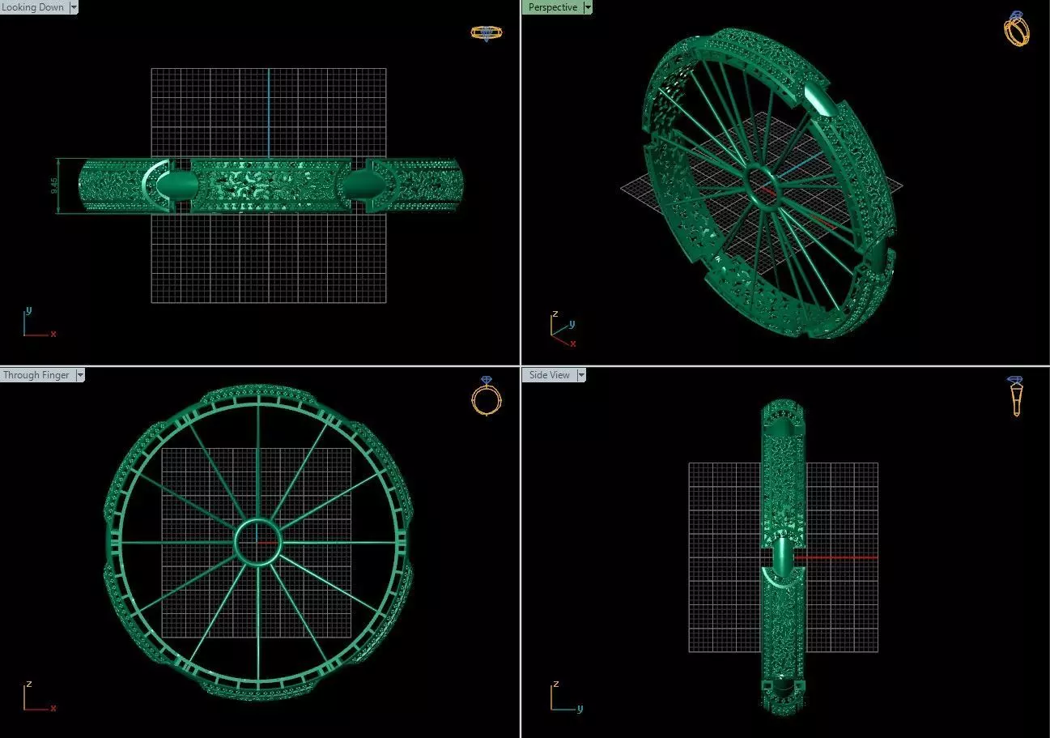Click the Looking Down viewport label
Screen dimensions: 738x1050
33,7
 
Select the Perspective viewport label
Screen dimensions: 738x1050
553,7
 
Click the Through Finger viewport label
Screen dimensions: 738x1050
36,375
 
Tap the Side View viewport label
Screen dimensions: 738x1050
550,375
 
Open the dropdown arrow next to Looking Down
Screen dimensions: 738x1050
74,7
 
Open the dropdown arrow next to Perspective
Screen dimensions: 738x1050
588,7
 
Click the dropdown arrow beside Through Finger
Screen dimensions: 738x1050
79,375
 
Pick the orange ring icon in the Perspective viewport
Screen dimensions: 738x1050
1016,28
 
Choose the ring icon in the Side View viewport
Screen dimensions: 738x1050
1015,396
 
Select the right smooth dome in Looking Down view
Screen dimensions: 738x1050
357,186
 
